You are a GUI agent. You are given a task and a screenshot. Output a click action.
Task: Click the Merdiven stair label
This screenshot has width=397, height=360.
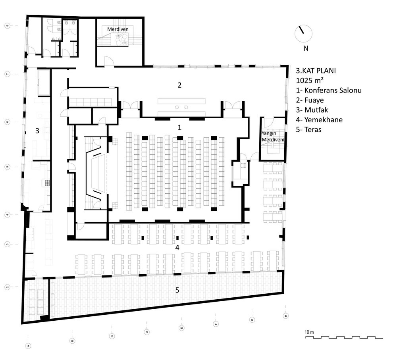(x=118, y=29)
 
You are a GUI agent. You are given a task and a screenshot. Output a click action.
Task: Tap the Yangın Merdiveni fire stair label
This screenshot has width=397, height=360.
(x=273, y=137)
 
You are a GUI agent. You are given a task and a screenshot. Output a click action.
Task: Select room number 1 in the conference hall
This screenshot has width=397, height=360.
(x=179, y=127)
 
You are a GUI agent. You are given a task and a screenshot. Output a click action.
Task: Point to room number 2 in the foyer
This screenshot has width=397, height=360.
(x=179, y=85)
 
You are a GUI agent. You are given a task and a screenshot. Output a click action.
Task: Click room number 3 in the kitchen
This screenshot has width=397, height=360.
(x=37, y=131)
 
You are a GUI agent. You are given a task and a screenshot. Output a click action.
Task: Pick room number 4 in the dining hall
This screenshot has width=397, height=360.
(x=177, y=247)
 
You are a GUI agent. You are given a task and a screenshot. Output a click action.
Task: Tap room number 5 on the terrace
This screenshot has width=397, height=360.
(x=177, y=290)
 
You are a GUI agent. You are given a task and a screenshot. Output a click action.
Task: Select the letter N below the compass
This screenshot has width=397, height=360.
(x=306, y=48)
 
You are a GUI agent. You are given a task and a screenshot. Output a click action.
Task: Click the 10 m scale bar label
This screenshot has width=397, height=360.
(x=309, y=332)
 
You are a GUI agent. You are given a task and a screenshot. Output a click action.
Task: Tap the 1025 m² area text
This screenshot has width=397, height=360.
(x=310, y=80)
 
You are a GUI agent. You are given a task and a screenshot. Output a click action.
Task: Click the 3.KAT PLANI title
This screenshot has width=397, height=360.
(x=316, y=71)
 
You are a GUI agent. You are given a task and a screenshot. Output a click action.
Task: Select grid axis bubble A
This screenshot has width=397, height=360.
(x=28, y=346)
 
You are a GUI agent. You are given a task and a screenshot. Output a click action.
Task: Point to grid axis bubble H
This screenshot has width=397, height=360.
(x=285, y=316)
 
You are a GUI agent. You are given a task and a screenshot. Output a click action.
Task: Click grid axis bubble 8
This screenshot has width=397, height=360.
(x=7, y=25)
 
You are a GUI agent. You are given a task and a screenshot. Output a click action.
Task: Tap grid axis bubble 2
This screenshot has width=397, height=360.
(x=7, y=287)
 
